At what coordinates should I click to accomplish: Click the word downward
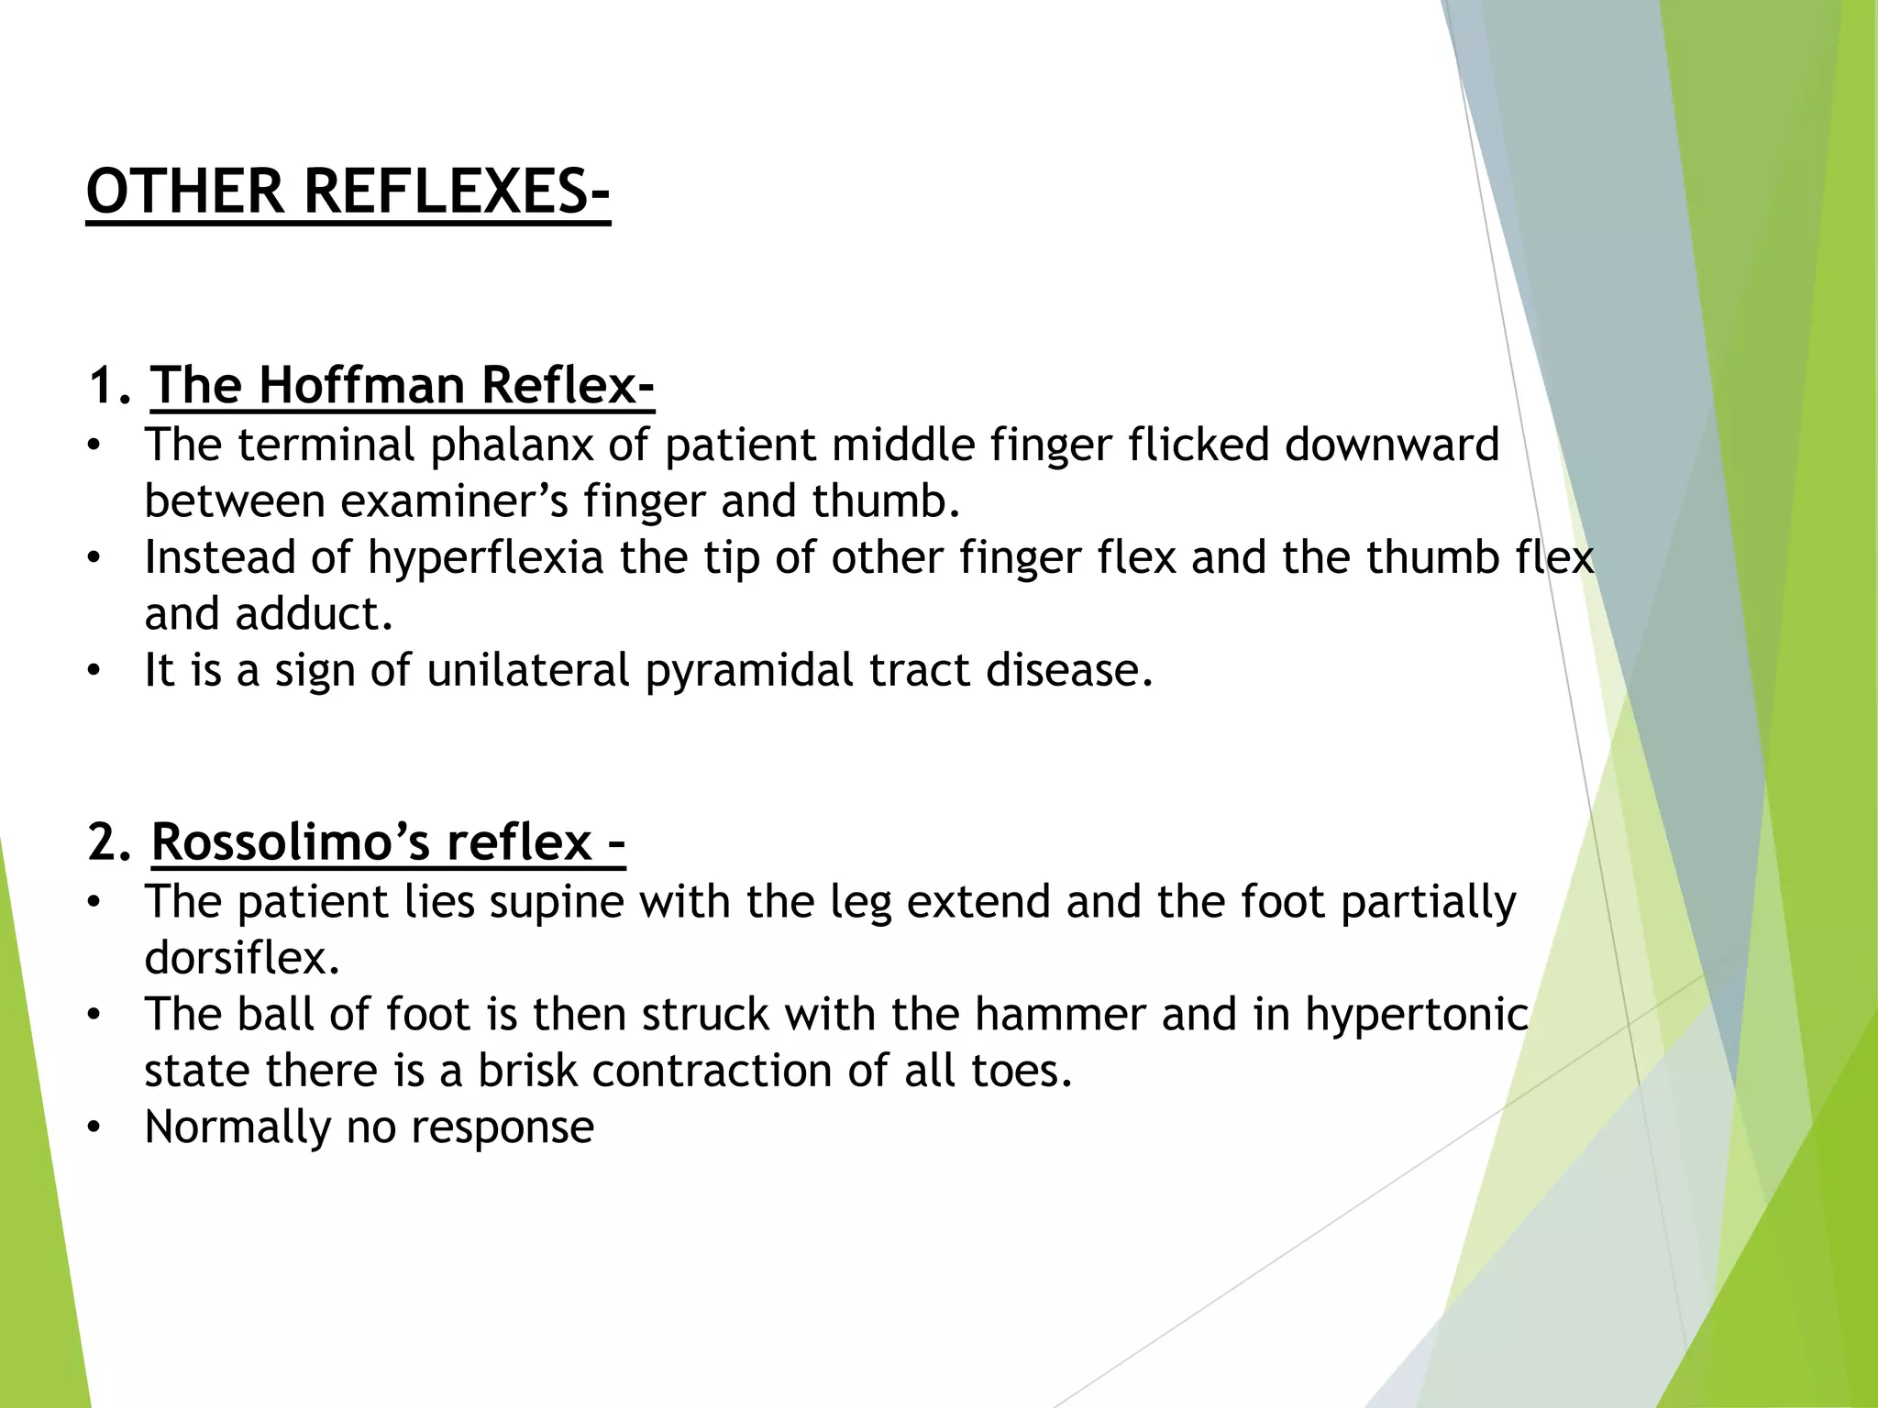(x=1391, y=445)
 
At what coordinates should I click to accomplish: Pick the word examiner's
(x=454, y=501)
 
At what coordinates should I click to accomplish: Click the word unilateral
(x=528, y=670)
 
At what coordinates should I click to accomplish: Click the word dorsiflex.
(x=242, y=958)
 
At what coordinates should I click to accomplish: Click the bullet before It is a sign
(x=93, y=672)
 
